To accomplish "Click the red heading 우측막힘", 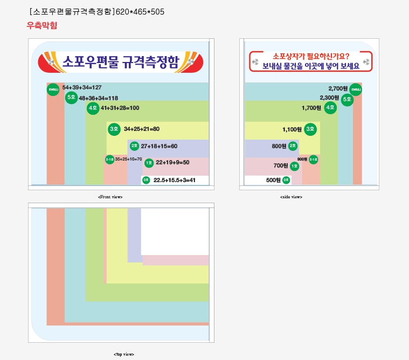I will pos(42,25).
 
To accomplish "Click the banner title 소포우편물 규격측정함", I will pos(120,62).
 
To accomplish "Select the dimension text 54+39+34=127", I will pos(82,87).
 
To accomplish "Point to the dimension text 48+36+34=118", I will pos(98,98).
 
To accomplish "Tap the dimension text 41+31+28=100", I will pos(120,108).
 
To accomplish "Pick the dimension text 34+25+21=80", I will pos(142,129).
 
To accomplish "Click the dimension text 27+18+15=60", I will pos(159,146).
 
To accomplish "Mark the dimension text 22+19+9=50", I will pos(172,163).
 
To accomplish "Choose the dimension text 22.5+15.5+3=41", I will pos(174,180).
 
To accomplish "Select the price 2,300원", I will pos(329,98).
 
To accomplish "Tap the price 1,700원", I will pos(311,108).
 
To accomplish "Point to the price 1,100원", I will pos(292,129).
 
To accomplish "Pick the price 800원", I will pos(279,146).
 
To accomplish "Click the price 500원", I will pos(273,180).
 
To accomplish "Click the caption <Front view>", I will pos(110,197).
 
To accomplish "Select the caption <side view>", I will pos(291,197).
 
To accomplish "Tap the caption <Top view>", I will pos(123,354).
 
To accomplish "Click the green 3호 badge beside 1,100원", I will pos(310,129).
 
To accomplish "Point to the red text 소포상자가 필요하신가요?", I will pos(311,56).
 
